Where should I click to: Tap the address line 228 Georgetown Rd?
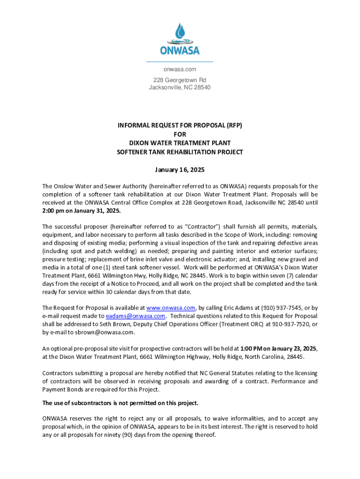180,80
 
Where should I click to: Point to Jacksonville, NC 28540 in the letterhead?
180,87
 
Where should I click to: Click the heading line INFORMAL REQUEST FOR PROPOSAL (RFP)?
180,125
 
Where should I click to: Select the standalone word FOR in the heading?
180,134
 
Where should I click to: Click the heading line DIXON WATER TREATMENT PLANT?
180,143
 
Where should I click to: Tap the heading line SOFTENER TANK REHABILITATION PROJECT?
180,152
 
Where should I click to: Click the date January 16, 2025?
180,169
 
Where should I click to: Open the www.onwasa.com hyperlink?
171,308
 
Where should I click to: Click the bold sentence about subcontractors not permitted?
120,403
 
